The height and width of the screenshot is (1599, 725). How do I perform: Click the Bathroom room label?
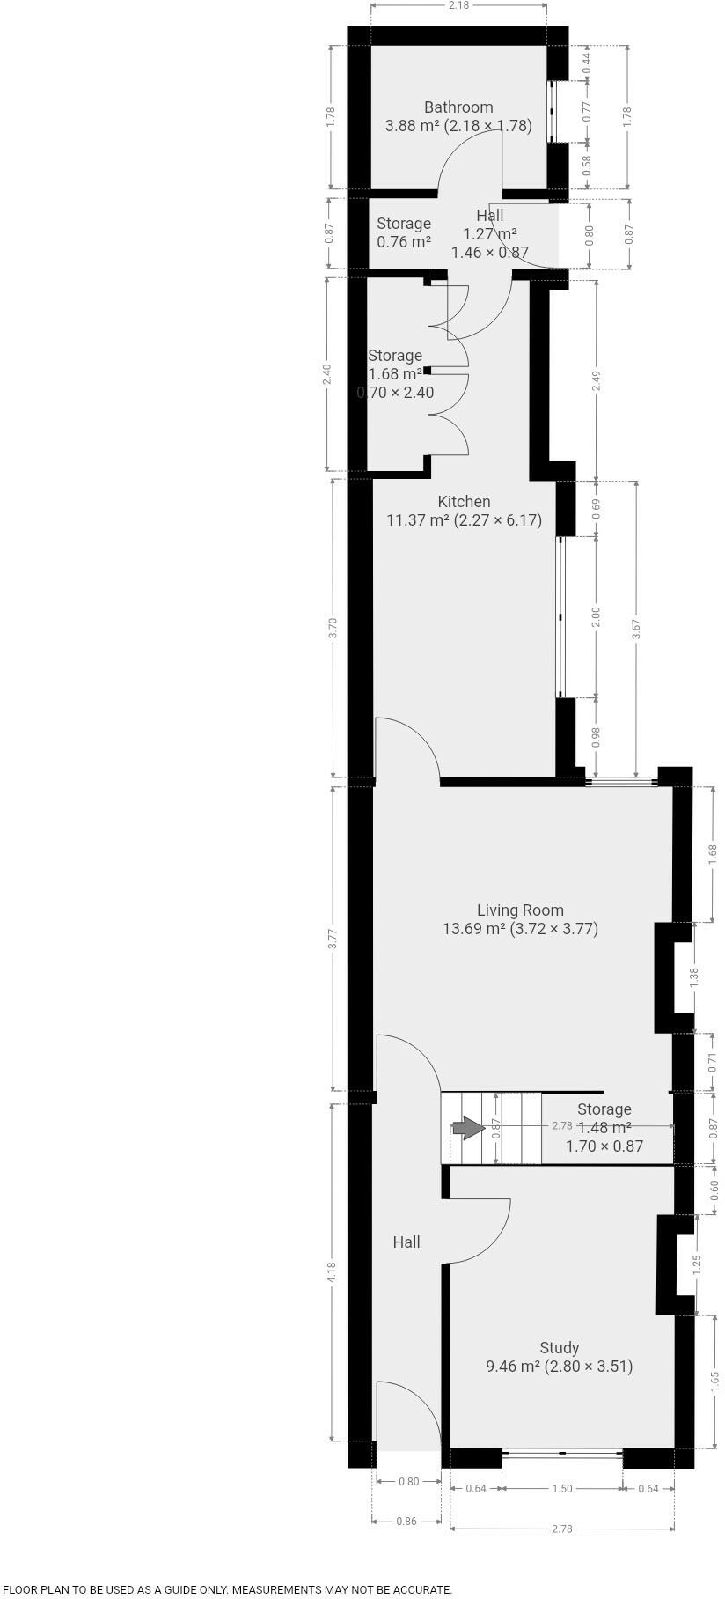(458, 107)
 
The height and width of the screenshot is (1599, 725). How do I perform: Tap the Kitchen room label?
(464, 502)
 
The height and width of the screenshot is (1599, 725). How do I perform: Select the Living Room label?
(520, 910)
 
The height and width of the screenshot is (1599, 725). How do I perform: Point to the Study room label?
(559, 1348)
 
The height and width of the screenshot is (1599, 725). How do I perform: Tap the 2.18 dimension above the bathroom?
(458, 5)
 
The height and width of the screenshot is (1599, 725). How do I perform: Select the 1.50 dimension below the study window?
(562, 1489)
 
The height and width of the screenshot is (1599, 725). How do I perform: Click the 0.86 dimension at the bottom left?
(406, 1521)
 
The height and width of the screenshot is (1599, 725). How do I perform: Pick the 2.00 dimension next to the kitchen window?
(596, 617)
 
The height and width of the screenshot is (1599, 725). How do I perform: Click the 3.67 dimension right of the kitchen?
(636, 630)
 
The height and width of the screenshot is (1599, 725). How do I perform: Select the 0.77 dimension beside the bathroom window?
(587, 112)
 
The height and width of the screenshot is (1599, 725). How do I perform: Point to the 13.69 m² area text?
(473, 929)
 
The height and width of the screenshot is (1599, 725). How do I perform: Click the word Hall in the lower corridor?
(406, 1242)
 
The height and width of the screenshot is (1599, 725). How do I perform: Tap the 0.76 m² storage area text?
(404, 242)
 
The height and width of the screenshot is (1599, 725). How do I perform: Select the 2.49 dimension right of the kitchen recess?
(597, 381)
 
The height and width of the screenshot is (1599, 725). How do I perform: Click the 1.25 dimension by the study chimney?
(698, 1265)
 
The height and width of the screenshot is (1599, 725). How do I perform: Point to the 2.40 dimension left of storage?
(327, 374)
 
